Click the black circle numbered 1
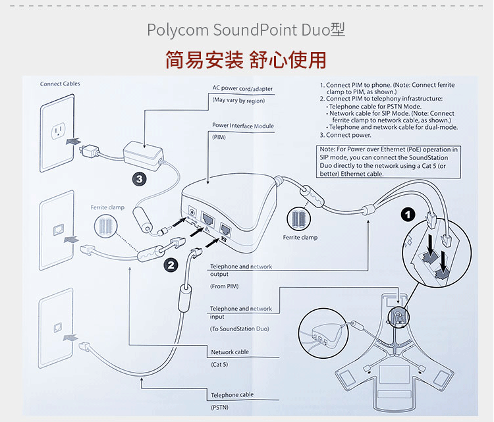409,215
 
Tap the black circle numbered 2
172,265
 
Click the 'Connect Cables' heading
60,84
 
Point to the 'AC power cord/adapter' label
242,88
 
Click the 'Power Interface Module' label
242,126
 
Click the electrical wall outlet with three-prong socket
59,130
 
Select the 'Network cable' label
230,352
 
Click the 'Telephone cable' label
232,395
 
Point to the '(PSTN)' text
219,408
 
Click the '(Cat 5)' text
219,364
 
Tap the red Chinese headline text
246,60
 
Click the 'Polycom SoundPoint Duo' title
246,30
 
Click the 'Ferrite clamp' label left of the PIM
107,207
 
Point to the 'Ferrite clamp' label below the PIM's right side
300,237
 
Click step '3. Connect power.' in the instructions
349,135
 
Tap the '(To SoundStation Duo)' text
239,329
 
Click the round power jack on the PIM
193,214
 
